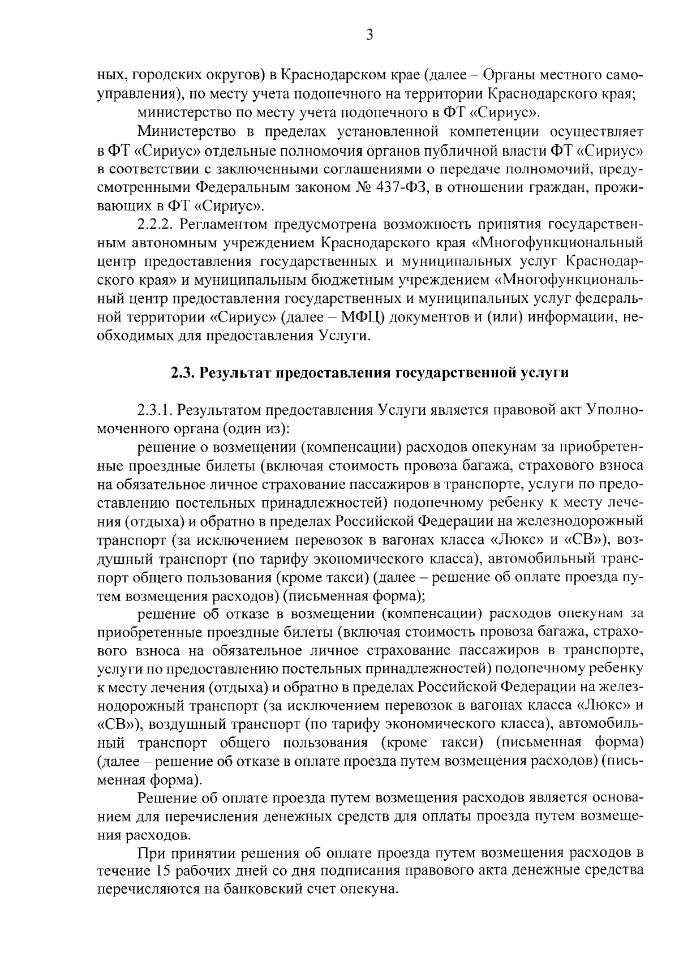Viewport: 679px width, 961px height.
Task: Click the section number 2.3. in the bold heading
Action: (x=182, y=374)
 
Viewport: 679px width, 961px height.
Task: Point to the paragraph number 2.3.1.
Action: (x=157, y=410)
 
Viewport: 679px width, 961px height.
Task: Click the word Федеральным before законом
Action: (x=244, y=187)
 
